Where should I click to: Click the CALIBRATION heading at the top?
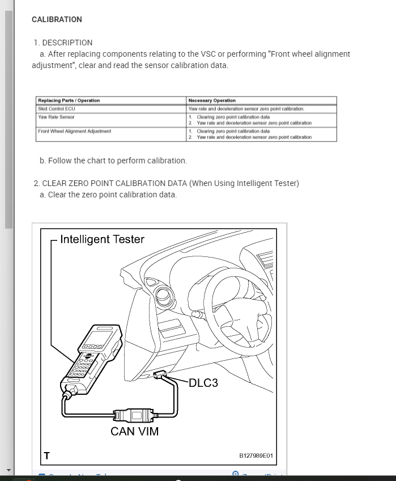point(57,19)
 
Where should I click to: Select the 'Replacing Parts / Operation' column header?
point(69,100)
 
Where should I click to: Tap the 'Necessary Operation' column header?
point(212,100)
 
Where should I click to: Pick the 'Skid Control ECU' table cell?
point(56,108)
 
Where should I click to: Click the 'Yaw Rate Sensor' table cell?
point(56,117)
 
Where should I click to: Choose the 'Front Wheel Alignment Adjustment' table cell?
point(74,131)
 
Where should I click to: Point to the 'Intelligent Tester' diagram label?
point(102,239)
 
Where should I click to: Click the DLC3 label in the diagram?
point(203,383)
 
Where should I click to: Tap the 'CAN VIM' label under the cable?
point(134,431)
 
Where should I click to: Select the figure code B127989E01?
point(256,455)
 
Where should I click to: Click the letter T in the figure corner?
point(46,455)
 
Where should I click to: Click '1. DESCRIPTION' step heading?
point(63,43)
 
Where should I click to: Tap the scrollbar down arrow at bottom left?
point(8,470)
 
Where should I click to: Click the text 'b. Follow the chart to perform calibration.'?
point(113,161)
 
